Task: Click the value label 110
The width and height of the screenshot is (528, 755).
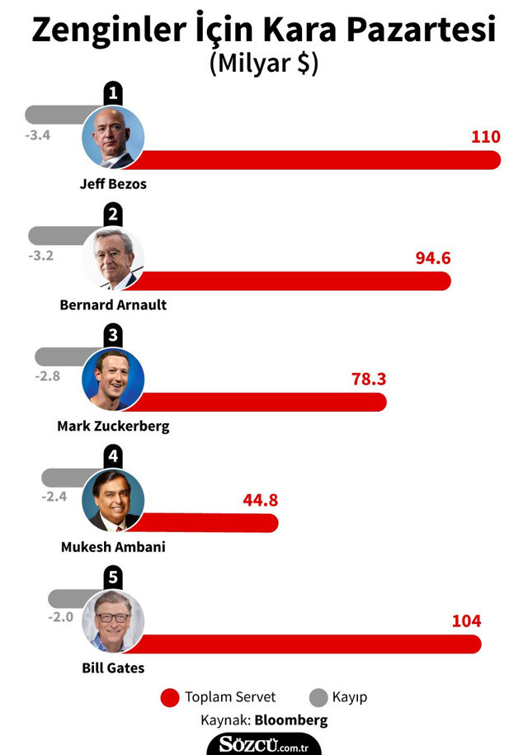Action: click(485, 136)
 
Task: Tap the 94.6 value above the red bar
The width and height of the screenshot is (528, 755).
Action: click(433, 257)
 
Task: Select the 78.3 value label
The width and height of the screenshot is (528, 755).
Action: click(369, 379)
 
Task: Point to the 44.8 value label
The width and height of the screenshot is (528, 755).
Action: click(261, 499)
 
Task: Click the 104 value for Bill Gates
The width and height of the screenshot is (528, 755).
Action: click(465, 621)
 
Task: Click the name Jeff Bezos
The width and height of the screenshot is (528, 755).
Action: click(113, 184)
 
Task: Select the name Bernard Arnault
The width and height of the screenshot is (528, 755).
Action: click(113, 304)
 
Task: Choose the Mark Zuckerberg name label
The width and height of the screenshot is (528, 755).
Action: click(113, 426)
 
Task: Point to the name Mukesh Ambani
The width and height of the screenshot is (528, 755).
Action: click(113, 546)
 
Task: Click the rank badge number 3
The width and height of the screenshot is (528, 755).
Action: click(114, 337)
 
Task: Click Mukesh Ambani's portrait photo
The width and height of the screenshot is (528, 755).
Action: click(113, 500)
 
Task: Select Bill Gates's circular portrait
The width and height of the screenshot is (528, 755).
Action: click(113, 621)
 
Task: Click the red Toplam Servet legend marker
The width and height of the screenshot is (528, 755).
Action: click(169, 697)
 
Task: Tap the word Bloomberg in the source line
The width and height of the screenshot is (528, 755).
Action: click(290, 720)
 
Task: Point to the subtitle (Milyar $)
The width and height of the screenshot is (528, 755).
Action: click(264, 64)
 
